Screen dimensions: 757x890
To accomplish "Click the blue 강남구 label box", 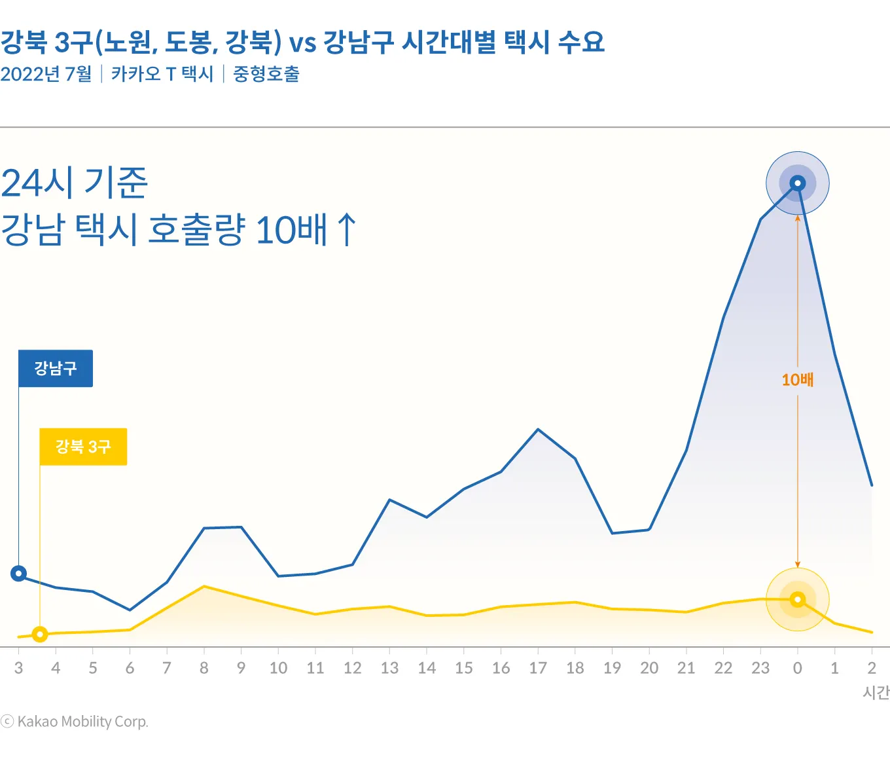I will [x=56, y=369].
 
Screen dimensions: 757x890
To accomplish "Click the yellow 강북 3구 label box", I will [x=83, y=447].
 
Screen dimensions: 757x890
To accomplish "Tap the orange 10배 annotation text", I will [x=797, y=380].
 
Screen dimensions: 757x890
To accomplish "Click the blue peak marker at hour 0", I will [x=797, y=183].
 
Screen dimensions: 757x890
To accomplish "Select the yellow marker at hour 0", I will [x=797, y=599].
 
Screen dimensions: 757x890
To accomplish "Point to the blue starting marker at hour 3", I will [x=19, y=574].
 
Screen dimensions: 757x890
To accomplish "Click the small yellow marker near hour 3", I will [x=40, y=634].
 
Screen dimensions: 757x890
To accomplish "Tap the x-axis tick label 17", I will [x=538, y=668].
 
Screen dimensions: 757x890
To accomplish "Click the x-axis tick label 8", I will [x=204, y=668].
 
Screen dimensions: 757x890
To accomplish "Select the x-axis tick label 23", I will [x=760, y=668].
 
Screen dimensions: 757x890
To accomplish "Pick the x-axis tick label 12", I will [x=353, y=668].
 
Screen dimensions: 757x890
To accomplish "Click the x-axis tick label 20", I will [x=649, y=668].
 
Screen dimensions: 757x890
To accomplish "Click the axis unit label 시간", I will [x=876, y=692].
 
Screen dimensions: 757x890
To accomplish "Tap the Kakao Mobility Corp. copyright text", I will [x=75, y=722].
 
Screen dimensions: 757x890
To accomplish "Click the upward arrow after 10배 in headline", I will [x=347, y=229].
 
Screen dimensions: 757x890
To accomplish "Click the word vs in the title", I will [x=302, y=43].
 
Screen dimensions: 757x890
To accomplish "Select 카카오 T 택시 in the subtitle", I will [x=162, y=74].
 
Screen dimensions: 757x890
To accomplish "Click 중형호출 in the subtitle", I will [x=266, y=74].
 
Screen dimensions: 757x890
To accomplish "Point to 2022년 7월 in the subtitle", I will [x=46, y=74].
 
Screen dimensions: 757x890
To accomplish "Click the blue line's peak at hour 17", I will [x=538, y=430].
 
